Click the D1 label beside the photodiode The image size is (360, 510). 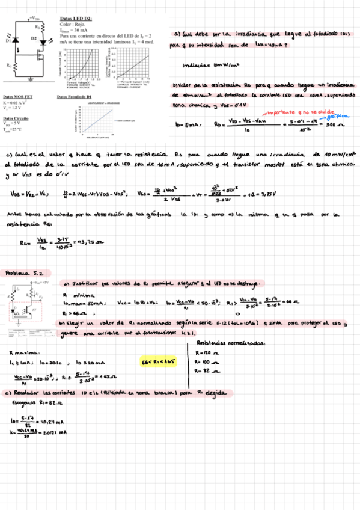click(8, 41)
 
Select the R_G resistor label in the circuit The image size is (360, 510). click(8, 65)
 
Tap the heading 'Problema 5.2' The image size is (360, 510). click(22, 272)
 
